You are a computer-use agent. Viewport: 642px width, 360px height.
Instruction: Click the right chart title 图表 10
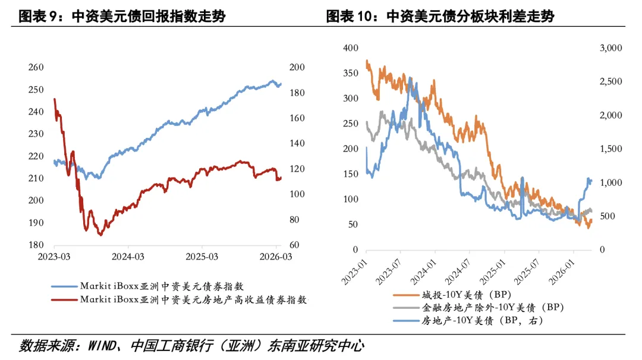point(440,16)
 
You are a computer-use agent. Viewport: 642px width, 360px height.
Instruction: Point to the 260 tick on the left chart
point(36,67)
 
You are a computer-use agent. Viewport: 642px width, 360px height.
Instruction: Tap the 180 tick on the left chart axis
point(36,245)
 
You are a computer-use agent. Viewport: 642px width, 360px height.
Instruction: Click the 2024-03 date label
point(129,257)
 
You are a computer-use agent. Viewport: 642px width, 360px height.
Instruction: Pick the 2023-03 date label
point(55,257)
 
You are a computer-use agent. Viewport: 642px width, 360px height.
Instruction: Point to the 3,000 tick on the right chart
point(609,48)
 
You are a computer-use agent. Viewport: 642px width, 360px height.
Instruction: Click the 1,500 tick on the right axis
point(609,149)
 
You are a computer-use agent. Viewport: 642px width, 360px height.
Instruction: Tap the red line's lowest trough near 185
point(100,235)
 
